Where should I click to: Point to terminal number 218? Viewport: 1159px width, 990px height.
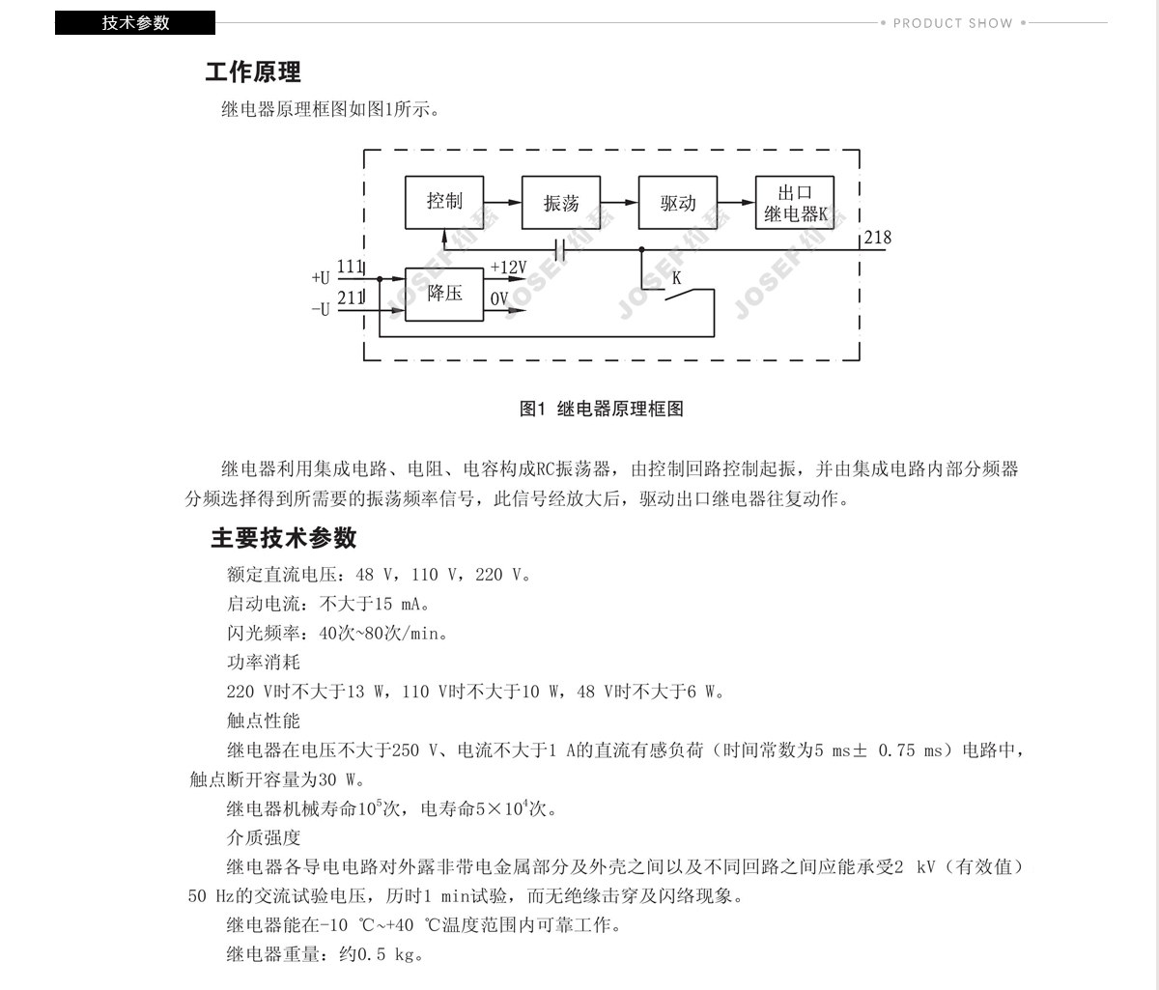878,238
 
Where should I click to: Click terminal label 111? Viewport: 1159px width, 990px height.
351,267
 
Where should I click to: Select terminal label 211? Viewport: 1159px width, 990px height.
351,297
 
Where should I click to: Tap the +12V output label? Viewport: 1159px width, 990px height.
509,268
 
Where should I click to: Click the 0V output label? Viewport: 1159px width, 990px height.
499,298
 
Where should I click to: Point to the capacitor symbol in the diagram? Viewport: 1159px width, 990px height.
559,249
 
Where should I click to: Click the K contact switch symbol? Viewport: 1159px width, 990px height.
689,295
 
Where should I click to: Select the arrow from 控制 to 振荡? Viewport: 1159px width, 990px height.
502,203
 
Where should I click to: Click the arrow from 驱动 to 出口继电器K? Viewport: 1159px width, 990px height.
736,203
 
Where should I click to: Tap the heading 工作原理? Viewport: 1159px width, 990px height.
253,72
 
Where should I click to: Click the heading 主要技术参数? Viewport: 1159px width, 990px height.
284,538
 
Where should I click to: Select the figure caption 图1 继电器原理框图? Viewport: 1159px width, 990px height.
602,409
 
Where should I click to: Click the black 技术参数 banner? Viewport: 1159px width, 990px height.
135,23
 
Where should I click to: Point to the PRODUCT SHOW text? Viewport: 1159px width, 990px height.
952,23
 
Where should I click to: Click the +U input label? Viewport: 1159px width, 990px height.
321,277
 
